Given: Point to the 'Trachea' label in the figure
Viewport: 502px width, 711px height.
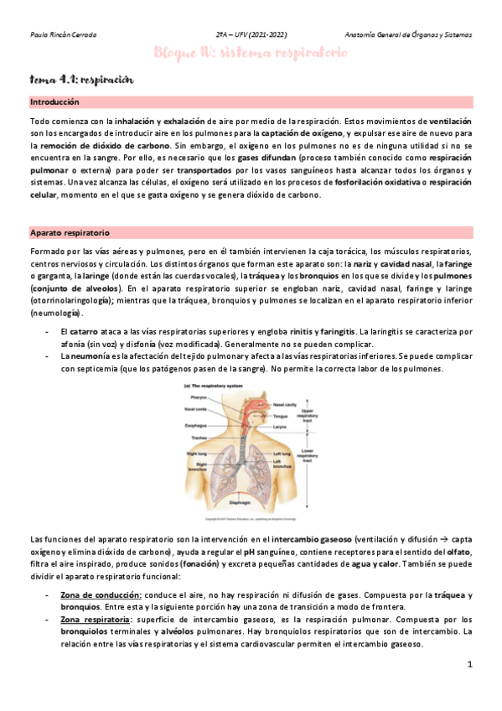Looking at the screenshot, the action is click(198, 438).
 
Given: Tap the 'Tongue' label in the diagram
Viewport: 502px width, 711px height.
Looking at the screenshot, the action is click(281, 416).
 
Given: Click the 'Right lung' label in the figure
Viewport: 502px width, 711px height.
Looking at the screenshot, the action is click(196, 454).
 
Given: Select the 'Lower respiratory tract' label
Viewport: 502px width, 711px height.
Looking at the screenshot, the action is click(308, 454).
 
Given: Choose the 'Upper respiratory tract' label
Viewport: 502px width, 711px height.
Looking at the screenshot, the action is click(308, 413).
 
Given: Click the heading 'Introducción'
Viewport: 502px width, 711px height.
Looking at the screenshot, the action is click(54, 101).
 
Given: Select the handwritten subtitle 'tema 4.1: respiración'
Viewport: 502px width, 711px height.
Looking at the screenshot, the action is click(82, 80).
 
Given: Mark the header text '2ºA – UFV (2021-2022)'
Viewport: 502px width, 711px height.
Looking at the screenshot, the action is click(251, 36).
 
